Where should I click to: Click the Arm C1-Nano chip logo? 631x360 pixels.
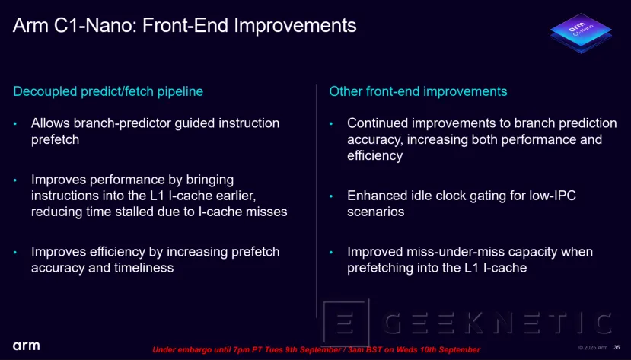[581, 33]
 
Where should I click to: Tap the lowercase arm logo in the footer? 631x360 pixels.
[26, 346]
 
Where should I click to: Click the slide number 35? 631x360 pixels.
[617, 348]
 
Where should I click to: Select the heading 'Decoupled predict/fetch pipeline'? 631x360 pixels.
[108, 91]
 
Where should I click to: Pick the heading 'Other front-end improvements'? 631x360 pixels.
[418, 91]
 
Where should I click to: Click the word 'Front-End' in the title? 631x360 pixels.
[185, 25]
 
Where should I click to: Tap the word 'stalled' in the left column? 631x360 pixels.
[132, 212]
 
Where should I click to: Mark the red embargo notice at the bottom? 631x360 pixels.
[317, 349]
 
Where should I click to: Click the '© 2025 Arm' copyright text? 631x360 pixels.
[593, 348]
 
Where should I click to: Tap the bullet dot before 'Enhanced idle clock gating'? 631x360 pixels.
[331, 196]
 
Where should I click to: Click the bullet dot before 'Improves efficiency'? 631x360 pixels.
[15, 253]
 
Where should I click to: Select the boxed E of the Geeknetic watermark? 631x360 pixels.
[346, 323]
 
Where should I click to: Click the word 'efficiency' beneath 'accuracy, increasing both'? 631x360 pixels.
[374, 156]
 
